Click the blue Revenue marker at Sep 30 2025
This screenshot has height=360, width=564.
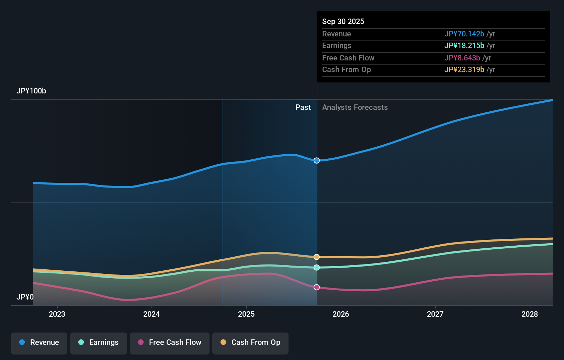point(317,160)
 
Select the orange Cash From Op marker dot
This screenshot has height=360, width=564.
point(317,257)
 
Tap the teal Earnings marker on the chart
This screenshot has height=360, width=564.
point(317,267)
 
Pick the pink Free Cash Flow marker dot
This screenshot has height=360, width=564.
point(317,287)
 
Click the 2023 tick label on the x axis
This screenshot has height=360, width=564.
point(57,314)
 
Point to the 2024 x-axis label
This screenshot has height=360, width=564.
point(151,314)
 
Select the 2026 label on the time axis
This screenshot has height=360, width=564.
point(341,314)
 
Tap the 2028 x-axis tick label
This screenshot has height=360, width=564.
point(530,314)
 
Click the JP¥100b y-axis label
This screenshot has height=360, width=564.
point(31,91)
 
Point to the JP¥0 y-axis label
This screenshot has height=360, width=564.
point(25,297)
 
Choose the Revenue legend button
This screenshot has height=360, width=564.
point(39,342)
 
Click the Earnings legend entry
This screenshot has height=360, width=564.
point(99,342)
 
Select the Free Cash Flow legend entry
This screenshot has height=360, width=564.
point(170,342)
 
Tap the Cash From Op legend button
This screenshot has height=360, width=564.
point(250,342)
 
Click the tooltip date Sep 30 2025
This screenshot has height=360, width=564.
point(343,21)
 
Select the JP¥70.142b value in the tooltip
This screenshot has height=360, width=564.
point(464,34)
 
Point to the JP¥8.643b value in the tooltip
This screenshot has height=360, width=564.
point(462,58)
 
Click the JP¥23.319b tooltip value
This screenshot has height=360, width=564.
point(464,69)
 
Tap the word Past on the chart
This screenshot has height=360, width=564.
point(303,108)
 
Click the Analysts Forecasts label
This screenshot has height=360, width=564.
point(355,108)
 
